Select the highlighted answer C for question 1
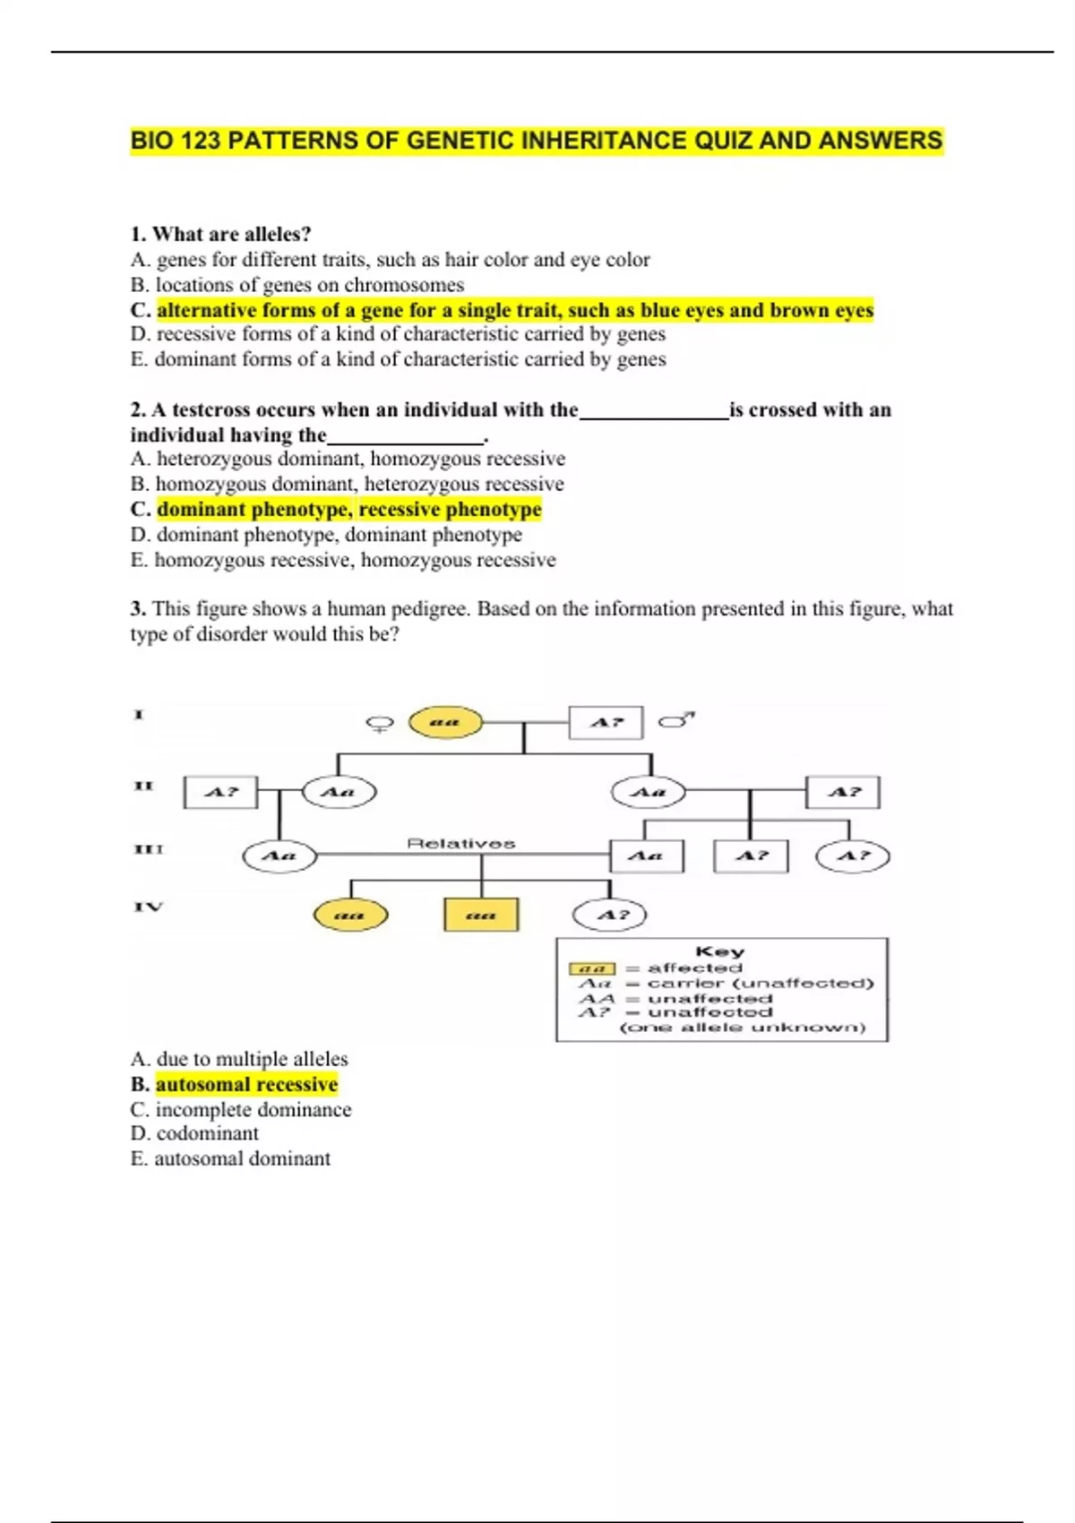(x=514, y=310)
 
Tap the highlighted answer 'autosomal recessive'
(x=246, y=1084)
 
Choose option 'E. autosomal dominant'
(x=230, y=1158)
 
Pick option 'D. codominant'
(x=194, y=1133)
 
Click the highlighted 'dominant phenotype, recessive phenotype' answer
(x=348, y=509)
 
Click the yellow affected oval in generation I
(x=445, y=722)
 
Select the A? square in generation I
(x=606, y=722)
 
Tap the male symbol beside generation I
(x=676, y=719)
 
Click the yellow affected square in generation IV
(x=481, y=915)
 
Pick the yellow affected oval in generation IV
(x=350, y=915)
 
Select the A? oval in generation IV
(x=609, y=915)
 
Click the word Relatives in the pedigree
(x=461, y=843)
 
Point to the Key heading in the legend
(x=720, y=951)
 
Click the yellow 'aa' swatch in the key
(x=592, y=968)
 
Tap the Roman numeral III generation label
(x=149, y=848)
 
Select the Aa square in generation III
(x=646, y=856)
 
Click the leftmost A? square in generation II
(x=220, y=792)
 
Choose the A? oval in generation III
(x=853, y=856)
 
